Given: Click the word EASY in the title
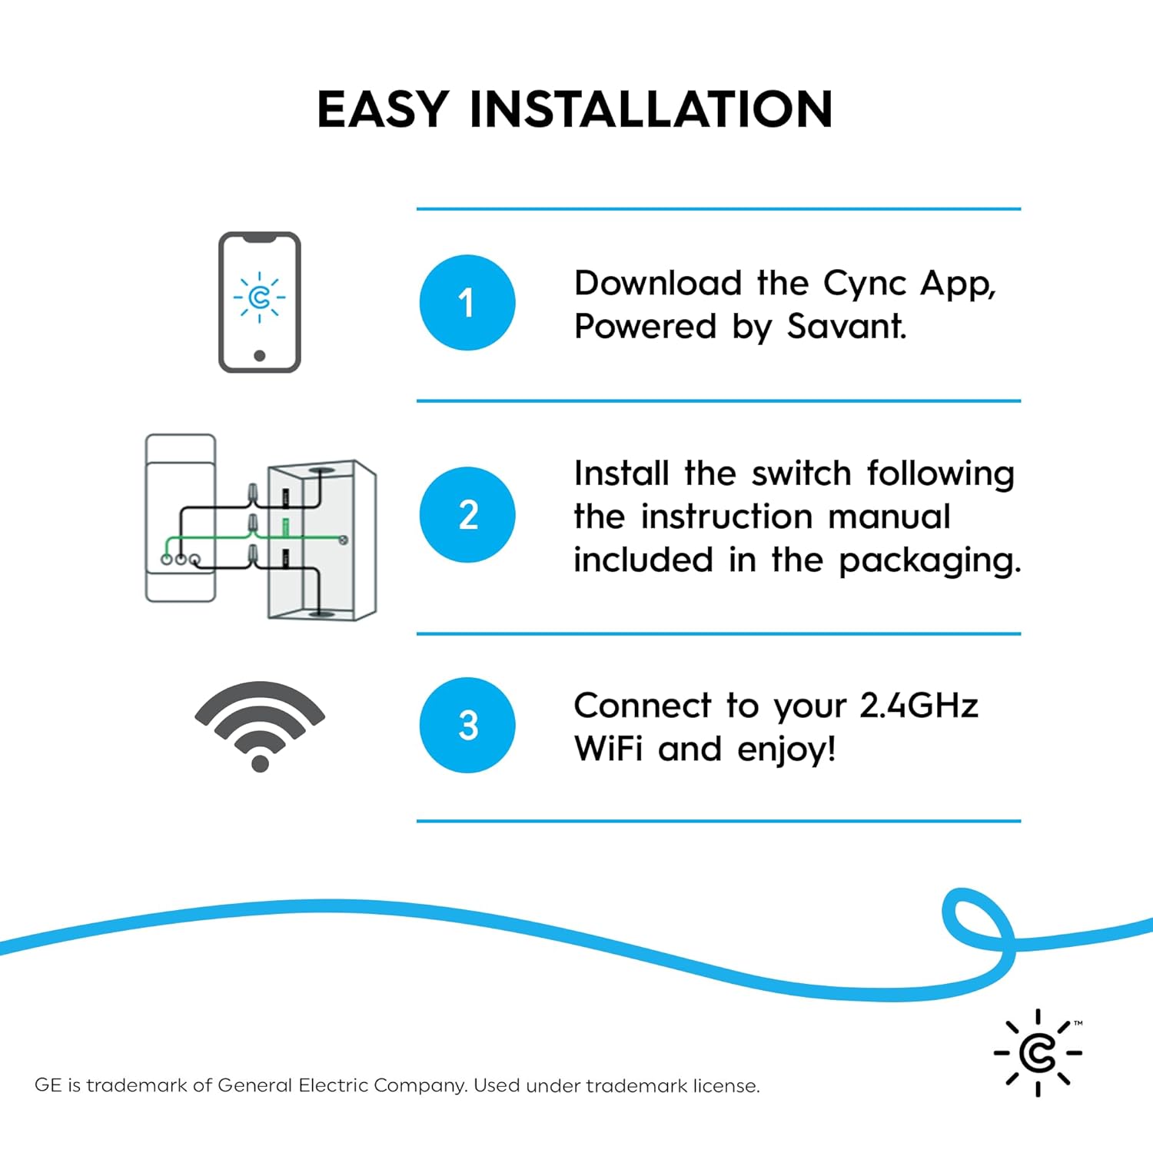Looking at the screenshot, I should click(x=383, y=109).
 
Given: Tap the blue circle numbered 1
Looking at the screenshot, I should click(x=467, y=303).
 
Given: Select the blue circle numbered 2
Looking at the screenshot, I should click(x=467, y=514).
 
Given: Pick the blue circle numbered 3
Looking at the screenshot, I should click(x=467, y=725).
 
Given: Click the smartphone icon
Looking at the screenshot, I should click(x=260, y=302).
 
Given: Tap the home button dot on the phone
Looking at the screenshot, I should click(x=260, y=355).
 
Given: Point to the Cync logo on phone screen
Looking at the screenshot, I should click(x=260, y=297).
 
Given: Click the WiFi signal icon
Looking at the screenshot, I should click(x=260, y=723).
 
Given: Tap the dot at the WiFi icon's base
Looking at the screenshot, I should click(x=260, y=763).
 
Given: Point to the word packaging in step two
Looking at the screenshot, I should click(x=929, y=560).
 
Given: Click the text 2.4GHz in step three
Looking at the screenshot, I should click(x=919, y=706).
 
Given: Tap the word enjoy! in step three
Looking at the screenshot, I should click(x=786, y=749).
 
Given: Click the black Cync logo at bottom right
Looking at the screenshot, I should click(x=1038, y=1052).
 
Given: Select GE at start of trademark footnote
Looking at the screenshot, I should click(x=48, y=1085).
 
